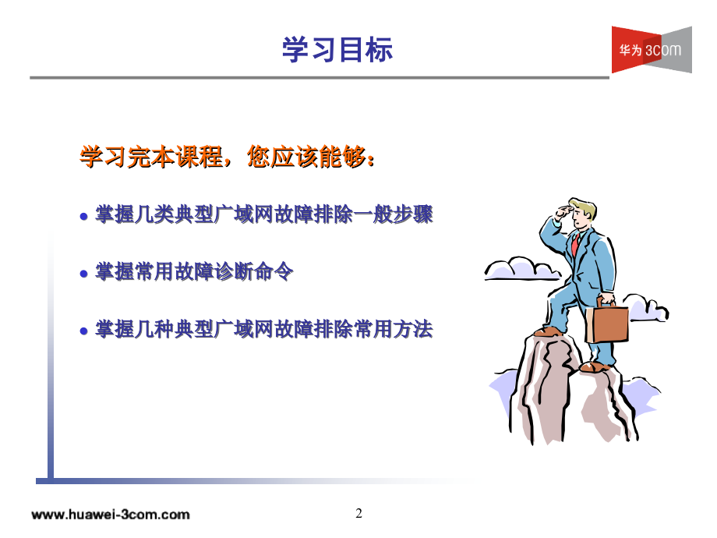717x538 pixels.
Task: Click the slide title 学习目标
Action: [337, 50]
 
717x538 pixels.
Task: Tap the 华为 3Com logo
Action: [651, 50]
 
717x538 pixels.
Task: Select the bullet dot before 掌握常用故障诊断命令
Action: [84, 274]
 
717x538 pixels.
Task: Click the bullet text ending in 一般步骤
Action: [263, 214]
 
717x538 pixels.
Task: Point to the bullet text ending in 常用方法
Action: [263, 330]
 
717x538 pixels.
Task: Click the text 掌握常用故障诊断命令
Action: [193, 273]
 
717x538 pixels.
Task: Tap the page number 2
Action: [358, 513]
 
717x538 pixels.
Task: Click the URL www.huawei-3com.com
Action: [111, 515]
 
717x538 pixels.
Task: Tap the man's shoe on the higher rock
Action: [550, 331]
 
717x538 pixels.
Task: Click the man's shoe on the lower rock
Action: [596, 366]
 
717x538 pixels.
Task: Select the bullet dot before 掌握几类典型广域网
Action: [84, 216]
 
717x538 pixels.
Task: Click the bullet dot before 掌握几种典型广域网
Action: [84, 331]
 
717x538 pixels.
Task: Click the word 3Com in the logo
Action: [663, 50]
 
